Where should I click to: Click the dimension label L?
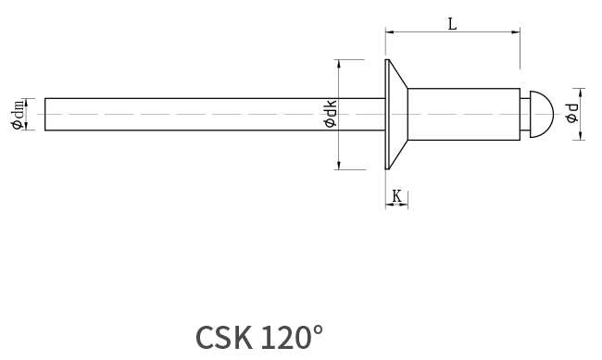coord(453,24)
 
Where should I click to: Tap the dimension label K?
coord(396,196)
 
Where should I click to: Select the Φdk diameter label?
coord(331,113)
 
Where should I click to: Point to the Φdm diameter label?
coord(18,115)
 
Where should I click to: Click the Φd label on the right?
coord(571,113)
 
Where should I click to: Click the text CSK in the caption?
coord(224,338)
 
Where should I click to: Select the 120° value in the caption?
coord(292,337)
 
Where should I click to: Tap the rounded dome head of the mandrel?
coord(542,114)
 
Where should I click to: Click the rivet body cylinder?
coord(464,115)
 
